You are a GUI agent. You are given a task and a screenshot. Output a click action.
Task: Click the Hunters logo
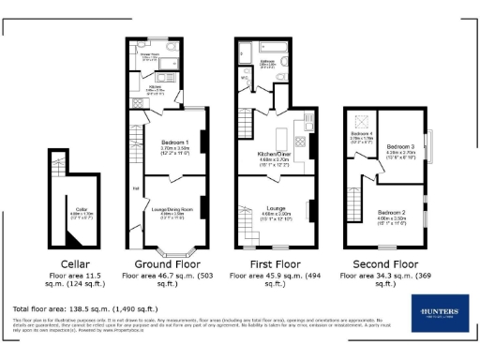pos(439,312)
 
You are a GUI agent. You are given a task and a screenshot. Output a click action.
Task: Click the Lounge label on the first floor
pos(275,209)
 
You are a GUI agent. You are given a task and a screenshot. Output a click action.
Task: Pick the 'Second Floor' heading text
pos(383,265)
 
